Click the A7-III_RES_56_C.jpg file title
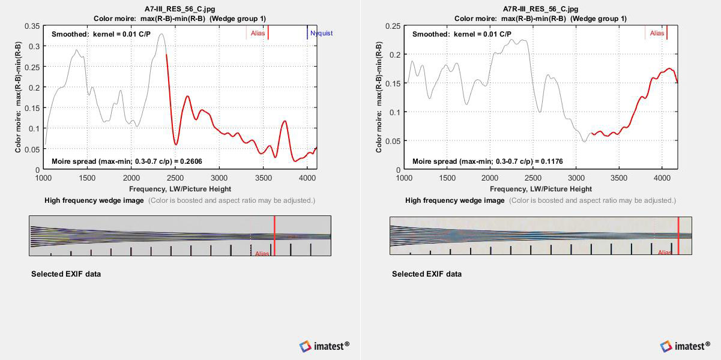pyautogui.click(x=179, y=10)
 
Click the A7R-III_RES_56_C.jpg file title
pyautogui.click(x=540, y=10)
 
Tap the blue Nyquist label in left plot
pyautogui.click(x=321, y=34)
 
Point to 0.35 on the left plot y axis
pyautogui.click(x=32, y=26)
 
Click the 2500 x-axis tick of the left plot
pyautogui.click(x=175, y=178)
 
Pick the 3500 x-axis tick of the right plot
pyautogui.click(x=620, y=178)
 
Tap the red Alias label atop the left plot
pyautogui.click(x=258, y=34)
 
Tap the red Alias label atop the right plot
pyautogui.click(x=657, y=34)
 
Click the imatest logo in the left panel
pyautogui.click(x=324, y=346)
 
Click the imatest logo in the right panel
pyautogui.click(x=685, y=346)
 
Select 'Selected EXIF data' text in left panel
pyautogui.click(x=66, y=274)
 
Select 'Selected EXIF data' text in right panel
pyautogui.click(x=427, y=274)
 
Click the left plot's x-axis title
pyautogui.click(x=179, y=189)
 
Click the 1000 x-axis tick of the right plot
pyautogui.click(x=404, y=178)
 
